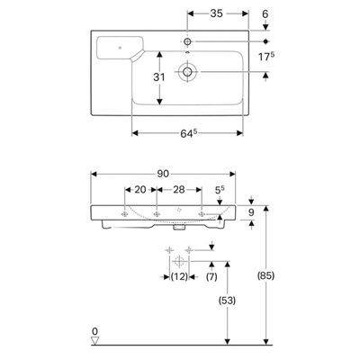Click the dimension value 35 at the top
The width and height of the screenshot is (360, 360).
(x=216, y=13)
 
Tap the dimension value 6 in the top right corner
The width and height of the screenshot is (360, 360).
(x=265, y=13)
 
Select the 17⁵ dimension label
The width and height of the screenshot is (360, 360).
(x=266, y=57)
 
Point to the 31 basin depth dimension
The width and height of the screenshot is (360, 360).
(x=159, y=77)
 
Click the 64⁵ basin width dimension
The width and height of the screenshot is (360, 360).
(x=188, y=134)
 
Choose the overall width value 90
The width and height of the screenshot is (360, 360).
(x=163, y=174)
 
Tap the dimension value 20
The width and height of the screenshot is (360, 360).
(x=140, y=190)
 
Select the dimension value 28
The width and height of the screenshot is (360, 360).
(x=179, y=190)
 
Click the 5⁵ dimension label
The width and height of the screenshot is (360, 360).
(x=220, y=190)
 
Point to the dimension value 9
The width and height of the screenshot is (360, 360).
(x=251, y=212)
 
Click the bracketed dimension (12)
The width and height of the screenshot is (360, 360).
(x=179, y=276)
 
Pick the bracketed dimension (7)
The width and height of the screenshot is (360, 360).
(x=211, y=276)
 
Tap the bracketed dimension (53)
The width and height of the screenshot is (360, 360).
(x=227, y=301)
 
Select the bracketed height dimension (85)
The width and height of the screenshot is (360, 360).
(x=265, y=275)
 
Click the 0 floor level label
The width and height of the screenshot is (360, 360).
(x=94, y=331)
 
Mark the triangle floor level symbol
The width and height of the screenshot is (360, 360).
(x=95, y=341)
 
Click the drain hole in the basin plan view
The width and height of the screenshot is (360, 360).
(x=187, y=72)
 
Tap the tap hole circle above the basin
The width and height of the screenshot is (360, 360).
(x=187, y=41)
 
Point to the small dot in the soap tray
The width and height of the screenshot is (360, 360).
(x=120, y=48)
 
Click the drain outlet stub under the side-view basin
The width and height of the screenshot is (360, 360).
(x=178, y=228)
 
